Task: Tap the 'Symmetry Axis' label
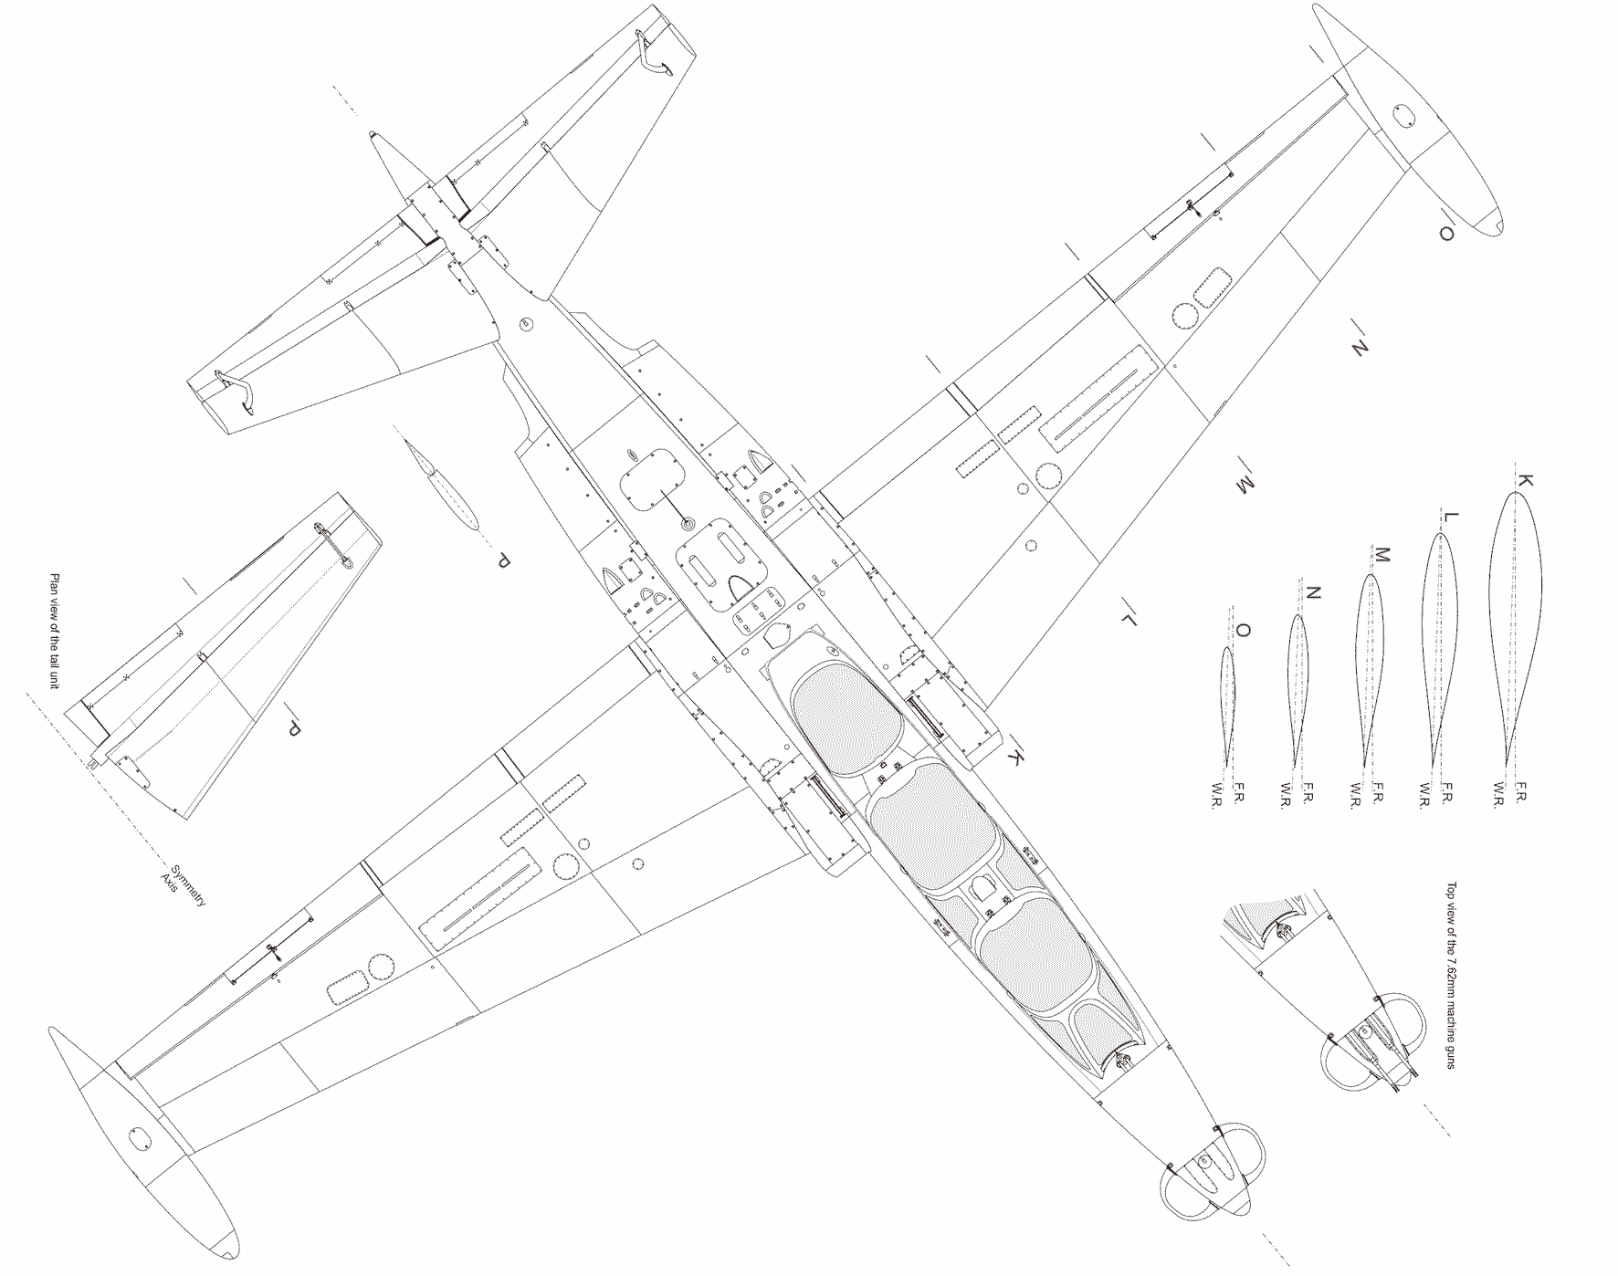click(x=182, y=884)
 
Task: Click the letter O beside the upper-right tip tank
click(x=1445, y=235)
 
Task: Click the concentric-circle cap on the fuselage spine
click(x=688, y=524)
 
